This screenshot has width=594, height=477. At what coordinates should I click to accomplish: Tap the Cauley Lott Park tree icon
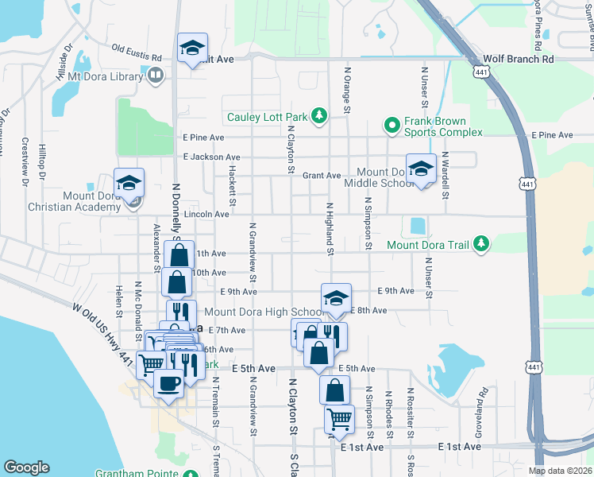click(x=318, y=117)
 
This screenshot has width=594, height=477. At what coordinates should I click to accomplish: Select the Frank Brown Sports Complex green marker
click(x=391, y=125)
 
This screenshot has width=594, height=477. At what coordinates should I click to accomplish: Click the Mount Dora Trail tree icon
click(x=480, y=244)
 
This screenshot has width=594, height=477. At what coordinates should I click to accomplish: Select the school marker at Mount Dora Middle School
click(x=421, y=169)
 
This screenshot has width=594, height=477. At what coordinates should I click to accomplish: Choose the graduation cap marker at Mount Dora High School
click(x=336, y=299)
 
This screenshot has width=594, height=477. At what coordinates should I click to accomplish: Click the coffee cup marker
click(x=168, y=383)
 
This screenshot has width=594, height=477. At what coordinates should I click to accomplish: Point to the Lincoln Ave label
click(x=206, y=215)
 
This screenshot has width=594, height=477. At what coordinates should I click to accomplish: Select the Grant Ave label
click(x=322, y=175)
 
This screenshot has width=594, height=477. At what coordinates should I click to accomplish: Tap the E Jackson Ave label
click(x=210, y=157)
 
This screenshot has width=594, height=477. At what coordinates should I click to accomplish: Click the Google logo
click(x=26, y=467)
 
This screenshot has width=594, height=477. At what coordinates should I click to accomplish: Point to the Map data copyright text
click(x=559, y=471)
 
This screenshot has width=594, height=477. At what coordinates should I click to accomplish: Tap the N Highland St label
click(x=329, y=228)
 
